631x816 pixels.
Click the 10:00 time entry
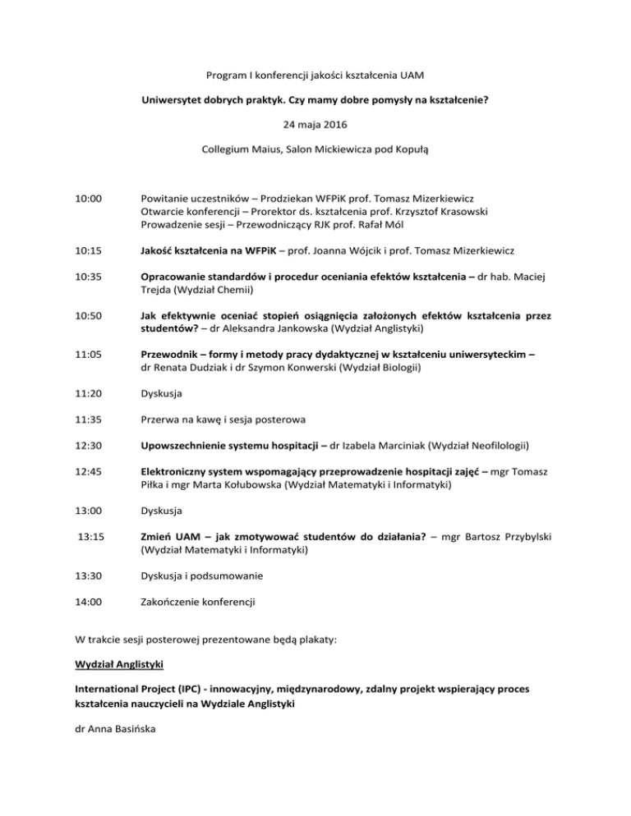click(88, 198)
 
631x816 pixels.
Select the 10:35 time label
click(88, 277)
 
